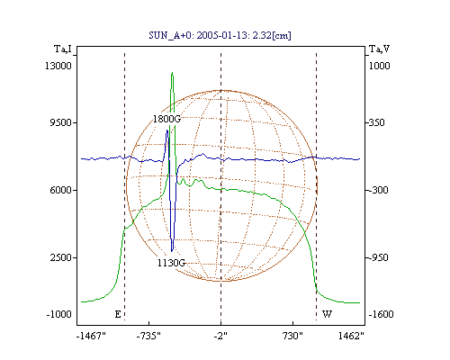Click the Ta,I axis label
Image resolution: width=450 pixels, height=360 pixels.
63,49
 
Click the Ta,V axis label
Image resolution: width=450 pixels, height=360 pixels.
379,49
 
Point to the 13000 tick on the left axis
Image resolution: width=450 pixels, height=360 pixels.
58,66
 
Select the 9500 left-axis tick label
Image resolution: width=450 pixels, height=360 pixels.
60,122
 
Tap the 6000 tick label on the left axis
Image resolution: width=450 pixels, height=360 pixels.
60,190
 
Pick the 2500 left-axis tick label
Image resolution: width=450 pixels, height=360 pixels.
60,257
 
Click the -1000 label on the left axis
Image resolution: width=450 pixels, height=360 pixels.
58,314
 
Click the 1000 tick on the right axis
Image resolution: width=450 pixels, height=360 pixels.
379,66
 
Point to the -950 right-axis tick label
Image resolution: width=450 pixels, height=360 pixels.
378,257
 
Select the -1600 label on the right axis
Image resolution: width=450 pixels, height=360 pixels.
381,314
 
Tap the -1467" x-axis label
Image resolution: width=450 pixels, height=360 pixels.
91,336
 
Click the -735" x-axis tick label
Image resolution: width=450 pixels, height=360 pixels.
148,336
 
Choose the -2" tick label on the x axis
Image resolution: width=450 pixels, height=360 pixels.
220,336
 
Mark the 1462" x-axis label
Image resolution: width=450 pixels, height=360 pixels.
351,336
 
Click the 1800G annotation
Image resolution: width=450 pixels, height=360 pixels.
166,119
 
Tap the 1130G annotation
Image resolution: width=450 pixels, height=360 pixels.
171,263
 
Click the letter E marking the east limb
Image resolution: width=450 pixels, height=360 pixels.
118,314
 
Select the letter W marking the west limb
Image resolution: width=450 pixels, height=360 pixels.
327,314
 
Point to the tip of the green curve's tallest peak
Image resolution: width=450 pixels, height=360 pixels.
172,72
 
